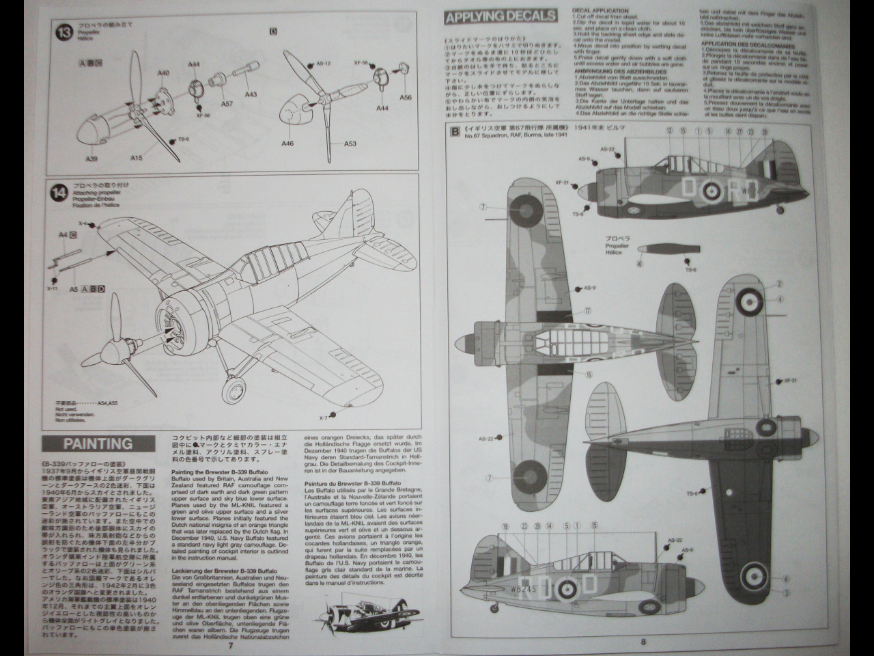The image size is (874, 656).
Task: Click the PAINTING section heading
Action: coord(98,443)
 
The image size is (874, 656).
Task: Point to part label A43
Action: coord(250,94)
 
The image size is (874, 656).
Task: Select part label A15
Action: coord(137,158)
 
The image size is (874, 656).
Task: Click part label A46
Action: coord(287,144)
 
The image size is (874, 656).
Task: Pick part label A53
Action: coord(350,144)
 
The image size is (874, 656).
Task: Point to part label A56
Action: coord(406,98)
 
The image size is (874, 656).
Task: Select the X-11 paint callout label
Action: coord(53,289)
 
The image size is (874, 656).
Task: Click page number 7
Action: coord(231,644)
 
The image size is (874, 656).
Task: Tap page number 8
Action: coord(643,641)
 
